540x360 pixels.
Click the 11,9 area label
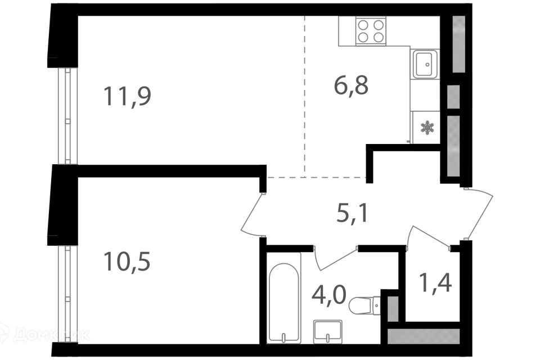tap(127, 96)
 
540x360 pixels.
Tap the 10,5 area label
tap(127, 262)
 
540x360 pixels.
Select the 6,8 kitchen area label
tap(351, 85)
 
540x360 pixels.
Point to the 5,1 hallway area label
tap(352, 213)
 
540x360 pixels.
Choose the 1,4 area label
tap(435, 282)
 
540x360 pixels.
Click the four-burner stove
tap(370, 31)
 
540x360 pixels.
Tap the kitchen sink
tap(425, 64)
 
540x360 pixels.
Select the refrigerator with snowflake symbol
tap(426, 128)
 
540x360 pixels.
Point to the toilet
tap(364, 307)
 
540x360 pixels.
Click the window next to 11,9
tap(67, 116)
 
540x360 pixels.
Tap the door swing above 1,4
tap(427, 236)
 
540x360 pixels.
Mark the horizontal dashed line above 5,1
tap(316, 177)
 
